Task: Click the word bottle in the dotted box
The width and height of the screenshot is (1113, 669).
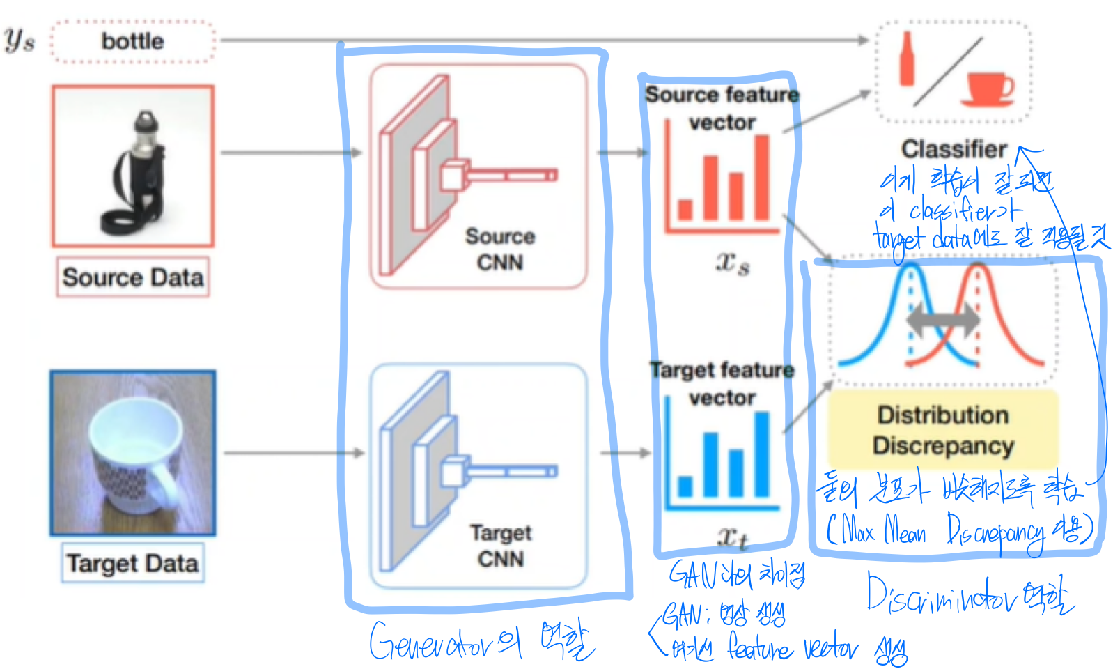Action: click(132, 41)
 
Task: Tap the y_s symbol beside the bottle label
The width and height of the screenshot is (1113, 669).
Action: click(19, 40)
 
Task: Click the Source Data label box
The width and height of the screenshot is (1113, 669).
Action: click(132, 277)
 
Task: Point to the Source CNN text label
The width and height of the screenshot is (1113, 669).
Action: click(500, 249)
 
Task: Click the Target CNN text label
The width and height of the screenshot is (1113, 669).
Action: click(500, 546)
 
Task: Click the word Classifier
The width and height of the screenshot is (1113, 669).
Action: click(954, 148)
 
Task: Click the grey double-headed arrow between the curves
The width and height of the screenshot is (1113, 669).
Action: click(943, 321)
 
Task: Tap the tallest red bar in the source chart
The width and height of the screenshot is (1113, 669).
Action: click(762, 178)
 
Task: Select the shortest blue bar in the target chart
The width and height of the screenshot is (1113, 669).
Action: click(685, 486)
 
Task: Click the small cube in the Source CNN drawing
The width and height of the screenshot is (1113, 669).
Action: click(454, 174)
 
